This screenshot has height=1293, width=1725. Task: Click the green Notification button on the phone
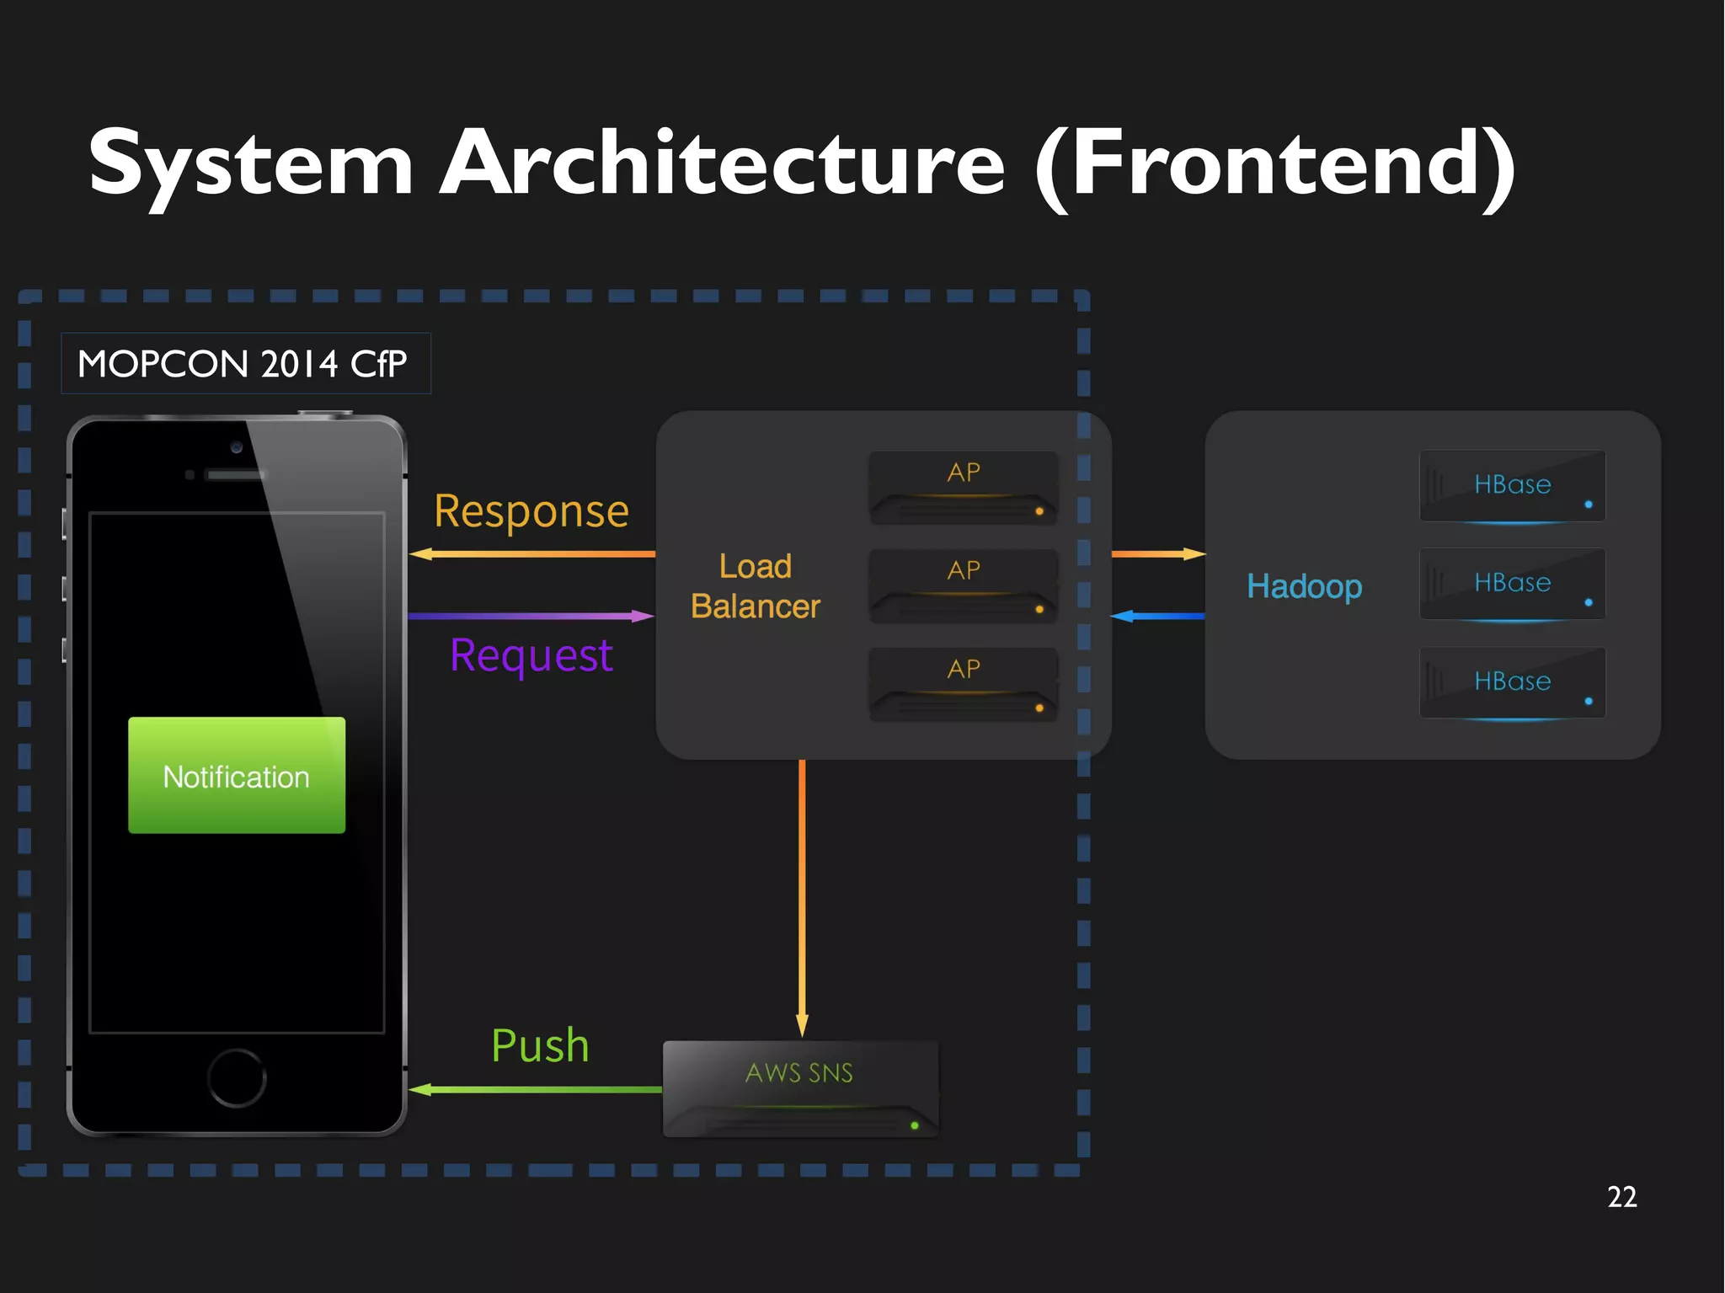237,775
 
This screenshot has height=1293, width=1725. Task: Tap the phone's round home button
237,1077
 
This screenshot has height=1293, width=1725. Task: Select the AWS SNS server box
800,1088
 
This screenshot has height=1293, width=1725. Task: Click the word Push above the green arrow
540,1045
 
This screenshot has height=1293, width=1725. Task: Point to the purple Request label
531,655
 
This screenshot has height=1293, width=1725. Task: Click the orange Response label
531,511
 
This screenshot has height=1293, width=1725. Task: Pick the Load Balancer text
756,586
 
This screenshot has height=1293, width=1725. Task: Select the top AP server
964,488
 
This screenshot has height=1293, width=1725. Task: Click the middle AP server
964,586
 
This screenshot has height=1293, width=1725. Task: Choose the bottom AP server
964,684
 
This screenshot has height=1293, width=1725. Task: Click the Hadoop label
1304,586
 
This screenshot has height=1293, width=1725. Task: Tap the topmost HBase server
1512,486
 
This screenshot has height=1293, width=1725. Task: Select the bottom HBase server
1512,682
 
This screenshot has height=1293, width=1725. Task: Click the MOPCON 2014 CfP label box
245,364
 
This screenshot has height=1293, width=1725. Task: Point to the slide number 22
1621,1197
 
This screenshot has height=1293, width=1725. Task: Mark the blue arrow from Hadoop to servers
1158,617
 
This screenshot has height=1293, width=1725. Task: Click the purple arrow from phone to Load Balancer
531,617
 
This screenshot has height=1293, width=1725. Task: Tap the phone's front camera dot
237,447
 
